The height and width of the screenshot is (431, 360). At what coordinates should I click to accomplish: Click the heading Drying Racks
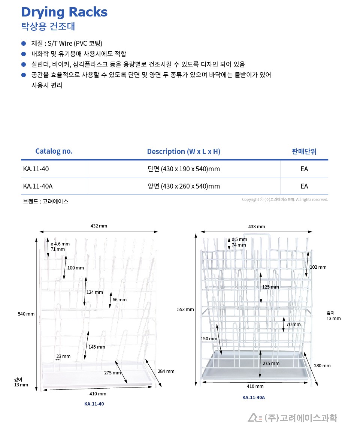coord(64,12)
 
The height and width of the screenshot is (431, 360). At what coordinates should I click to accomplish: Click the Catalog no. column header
coord(54,151)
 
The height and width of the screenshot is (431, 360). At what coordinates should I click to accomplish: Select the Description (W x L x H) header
coord(184,151)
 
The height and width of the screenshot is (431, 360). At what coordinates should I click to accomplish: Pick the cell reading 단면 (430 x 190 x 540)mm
coord(184,169)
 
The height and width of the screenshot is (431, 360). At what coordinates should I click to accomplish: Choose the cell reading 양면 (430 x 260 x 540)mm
coord(184,186)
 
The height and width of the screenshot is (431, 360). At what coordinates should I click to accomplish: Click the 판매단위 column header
coord(304,151)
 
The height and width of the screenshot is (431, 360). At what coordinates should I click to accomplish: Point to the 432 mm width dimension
coord(99,226)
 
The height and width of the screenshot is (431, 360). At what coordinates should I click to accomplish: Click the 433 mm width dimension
coord(257,227)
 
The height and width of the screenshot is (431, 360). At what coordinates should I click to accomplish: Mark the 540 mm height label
coord(26,314)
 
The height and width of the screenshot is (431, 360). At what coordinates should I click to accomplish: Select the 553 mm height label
coord(185,309)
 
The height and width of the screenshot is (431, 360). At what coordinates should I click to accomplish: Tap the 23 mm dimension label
coord(63,356)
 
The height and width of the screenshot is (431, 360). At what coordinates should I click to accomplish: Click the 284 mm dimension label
coord(166,371)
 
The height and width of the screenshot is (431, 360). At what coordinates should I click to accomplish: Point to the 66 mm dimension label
coord(120,300)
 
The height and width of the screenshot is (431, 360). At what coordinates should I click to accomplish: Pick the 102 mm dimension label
coord(318,267)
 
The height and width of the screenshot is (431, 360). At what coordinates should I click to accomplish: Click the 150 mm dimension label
coord(209,339)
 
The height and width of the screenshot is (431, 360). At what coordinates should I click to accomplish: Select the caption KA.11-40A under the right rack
coord(254,398)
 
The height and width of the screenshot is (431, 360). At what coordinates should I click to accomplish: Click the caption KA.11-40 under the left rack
coord(94,404)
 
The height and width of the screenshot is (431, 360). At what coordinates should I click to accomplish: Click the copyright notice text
coord(285,199)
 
